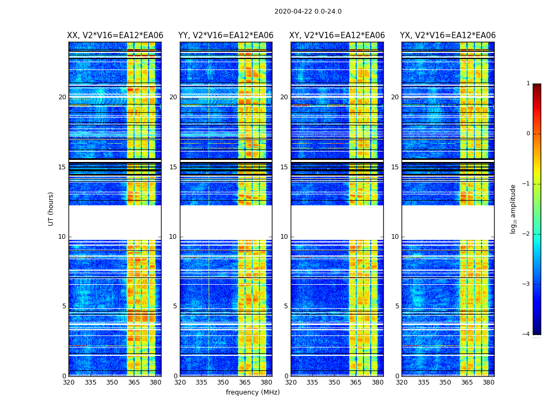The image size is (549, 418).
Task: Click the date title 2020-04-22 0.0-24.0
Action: (308, 11)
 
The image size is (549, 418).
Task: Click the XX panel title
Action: (115, 36)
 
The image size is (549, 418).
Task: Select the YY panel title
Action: (226, 36)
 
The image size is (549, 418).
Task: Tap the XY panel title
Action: (337, 36)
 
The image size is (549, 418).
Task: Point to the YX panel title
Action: (448, 36)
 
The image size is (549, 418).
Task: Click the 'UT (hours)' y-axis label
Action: (51, 208)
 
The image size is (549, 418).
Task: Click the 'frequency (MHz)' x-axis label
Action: (253, 392)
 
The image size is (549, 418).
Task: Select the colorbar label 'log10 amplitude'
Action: (513, 208)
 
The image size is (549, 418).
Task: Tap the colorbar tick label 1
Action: (528, 84)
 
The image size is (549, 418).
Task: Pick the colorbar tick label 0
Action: (528, 134)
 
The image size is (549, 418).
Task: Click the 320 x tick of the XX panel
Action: (68, 382)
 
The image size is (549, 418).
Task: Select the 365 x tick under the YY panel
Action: (245, 382)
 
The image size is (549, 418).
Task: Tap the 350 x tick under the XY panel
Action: (334, 382)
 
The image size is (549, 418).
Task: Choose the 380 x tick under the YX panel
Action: (488, 382)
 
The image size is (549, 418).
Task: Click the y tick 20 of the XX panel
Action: (62, 97)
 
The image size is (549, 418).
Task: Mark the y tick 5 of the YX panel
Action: (397, 306)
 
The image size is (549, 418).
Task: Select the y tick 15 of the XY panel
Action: (284, 167)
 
